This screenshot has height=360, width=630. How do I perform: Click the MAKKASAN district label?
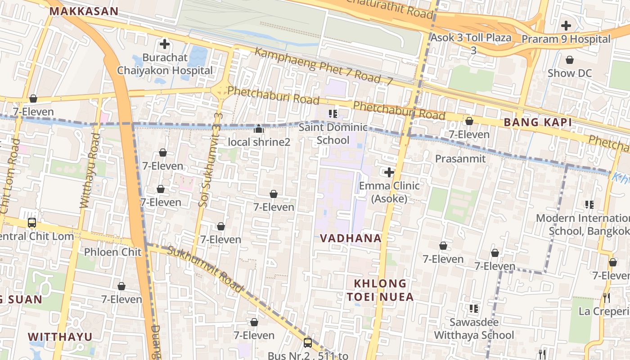coord(84,11)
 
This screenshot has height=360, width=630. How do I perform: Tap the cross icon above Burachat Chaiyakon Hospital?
coord(165,44)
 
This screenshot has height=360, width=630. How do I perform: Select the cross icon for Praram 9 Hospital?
coord(566,26)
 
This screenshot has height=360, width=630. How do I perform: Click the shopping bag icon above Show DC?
coord(570,60)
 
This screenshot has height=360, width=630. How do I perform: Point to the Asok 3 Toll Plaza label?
coord(471,38)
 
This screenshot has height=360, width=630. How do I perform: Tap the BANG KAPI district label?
coord(538,122)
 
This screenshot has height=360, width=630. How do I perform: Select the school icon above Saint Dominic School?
coord(333,113)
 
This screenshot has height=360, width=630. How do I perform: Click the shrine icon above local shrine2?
coord(259,129)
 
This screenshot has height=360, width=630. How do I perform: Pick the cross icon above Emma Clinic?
coord(389,172)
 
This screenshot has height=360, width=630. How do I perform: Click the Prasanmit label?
coord(460,158)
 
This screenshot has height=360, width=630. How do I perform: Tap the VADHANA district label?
coord(351,238)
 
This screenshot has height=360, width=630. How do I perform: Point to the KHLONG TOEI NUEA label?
coord(380,290)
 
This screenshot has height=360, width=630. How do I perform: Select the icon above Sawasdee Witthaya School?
coord(473,309)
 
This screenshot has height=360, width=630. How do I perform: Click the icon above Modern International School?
coord(589,205)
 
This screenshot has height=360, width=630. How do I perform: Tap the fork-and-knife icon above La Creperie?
coord(607,297)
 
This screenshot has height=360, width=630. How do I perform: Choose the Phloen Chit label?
coord(113,252)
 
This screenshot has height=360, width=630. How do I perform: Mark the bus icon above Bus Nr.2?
coord(308,343)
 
